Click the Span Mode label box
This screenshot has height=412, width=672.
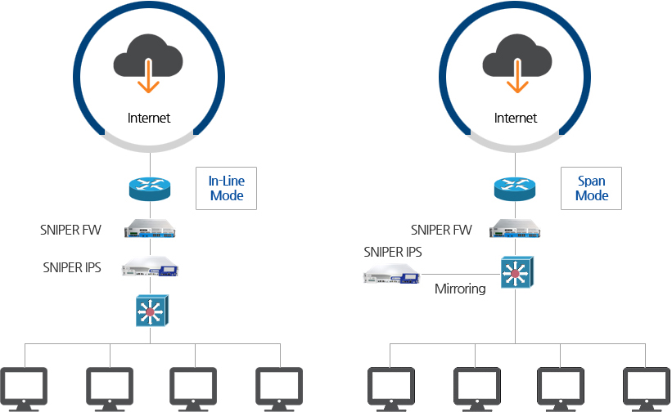point(591,188)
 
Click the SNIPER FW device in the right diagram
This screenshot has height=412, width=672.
point(516,229)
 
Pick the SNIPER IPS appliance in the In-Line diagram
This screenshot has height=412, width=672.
point(151,267)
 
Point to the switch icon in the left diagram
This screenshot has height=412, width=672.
point(151,311)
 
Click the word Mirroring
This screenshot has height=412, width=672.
point(460,289)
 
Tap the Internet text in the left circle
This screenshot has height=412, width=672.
point(149,118)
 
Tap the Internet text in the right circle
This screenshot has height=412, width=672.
point(516,118)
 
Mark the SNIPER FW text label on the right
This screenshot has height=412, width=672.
point(442,231)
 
